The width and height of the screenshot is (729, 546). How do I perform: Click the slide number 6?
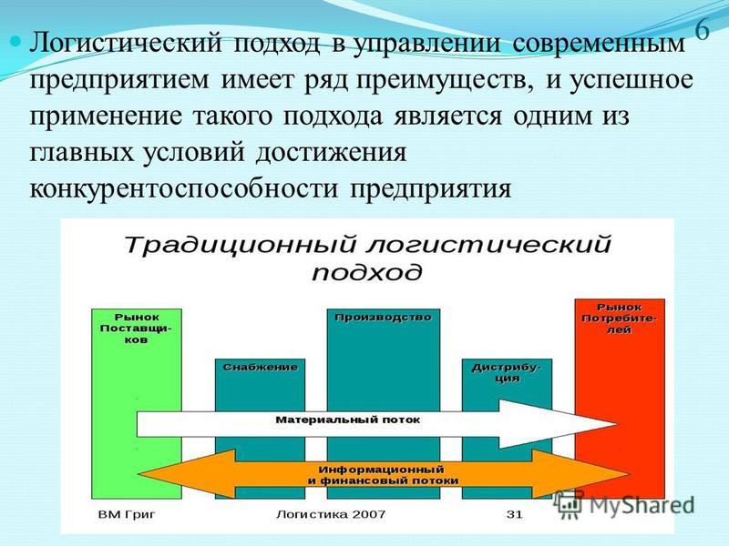(703, 31)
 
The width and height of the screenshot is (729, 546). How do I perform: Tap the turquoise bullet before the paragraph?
(15, 42)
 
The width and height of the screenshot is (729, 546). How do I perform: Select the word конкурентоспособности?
(183, 189)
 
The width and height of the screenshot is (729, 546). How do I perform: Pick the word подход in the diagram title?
(367, 272)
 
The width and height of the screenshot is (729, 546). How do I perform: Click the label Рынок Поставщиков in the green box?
(137, 329)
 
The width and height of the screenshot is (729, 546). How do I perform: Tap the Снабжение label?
(261, 368)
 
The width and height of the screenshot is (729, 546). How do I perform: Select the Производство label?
(383, 318)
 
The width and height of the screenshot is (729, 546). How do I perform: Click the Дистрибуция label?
(507, 373)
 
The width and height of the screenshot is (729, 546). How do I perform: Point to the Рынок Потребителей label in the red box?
(620, 318)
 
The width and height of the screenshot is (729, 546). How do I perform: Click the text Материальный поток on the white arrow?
(348, 420)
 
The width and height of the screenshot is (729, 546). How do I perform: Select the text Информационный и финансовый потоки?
(383, 475)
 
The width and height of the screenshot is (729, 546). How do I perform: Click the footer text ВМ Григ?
(127, 514)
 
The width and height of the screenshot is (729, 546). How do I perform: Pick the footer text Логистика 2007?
(331, 514)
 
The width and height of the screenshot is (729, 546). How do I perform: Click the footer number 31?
(515, 514)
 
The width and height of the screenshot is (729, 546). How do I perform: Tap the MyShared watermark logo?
(624, 505)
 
